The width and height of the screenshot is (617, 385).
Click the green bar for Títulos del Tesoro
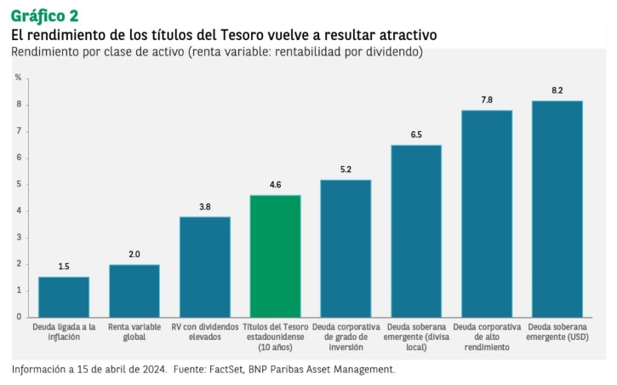point(275,256)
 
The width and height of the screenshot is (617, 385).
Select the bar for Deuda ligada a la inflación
point(64,296)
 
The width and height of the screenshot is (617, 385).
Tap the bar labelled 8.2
point(557,209)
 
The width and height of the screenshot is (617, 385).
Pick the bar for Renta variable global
point(134,290)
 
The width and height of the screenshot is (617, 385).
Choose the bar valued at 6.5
point(416,231)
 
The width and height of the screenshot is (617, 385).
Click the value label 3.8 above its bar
point(205,206)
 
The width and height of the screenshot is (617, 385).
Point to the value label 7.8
point(487,100)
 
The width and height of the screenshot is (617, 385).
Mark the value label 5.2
point(346,169)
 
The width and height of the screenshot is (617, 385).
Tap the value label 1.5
point(64,267)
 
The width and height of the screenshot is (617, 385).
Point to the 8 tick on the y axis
point(18,105)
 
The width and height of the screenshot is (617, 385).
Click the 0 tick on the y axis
point(18,317)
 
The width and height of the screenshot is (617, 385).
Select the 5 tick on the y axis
point(18,184)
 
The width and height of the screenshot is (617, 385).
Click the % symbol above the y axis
point(18,78)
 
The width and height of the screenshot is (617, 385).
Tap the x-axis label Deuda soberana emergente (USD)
point(557,331)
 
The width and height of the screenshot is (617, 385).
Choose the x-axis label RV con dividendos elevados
point(205,331)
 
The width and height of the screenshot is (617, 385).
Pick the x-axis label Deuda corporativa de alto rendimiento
point(487,336)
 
